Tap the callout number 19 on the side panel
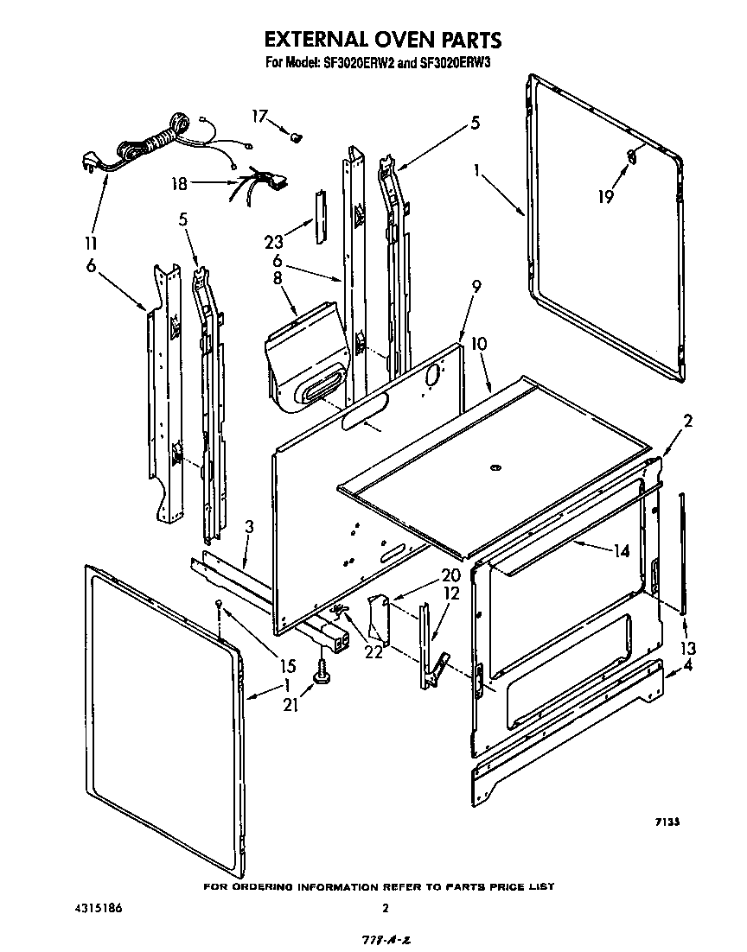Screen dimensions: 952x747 [x=606, y=197]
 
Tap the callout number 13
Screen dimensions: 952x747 [x=688, y=648]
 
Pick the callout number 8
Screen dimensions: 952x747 [x=277, y=278]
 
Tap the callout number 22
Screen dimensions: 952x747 [x=374, y=652]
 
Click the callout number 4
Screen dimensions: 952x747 [x=688, y=666]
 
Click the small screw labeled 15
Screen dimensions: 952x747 [x=221, y=603]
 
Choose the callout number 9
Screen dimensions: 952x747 [x=476, y=286]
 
